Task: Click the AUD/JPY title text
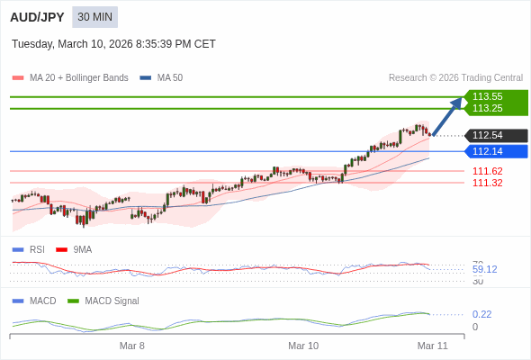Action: (x=37, y=17)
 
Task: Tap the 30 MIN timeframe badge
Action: (x=94, y=17)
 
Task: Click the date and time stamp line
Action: (x=113, y=44)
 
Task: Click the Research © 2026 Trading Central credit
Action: (x=455, y=78)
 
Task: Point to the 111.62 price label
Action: (x=487, y=171)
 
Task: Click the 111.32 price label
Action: (x=487, y=183)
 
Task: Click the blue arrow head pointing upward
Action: (x=456, y=103)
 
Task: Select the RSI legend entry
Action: (x=36, y=249)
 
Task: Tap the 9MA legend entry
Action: (x=82, y=249)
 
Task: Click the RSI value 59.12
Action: (x=484, y=269)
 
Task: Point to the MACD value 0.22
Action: (x=481, y=314)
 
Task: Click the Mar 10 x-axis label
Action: (x=303, y=346)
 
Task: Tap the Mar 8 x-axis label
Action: (x=131, y=346)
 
